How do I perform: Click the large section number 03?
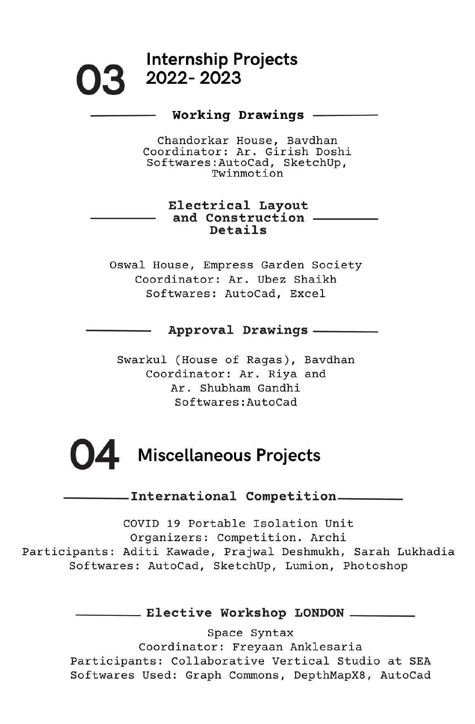click(x=100, y=80)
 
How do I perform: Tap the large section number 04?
click(x=95, y=455)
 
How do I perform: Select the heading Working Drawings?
click(x=238, y=115)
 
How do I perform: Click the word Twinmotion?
click(x=247, y=173)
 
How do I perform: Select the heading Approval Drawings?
click(x=238, y=330)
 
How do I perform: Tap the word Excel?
click(x=307, y=294)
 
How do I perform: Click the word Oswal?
click(x=127, y=265)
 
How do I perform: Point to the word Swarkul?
click(x=142, y=360)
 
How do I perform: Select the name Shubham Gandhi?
click(x=250, y=388)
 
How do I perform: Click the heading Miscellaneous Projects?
click(x=229, y=455)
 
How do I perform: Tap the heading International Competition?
click(x=234, y=496)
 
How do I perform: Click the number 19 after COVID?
click(x=174, y=524)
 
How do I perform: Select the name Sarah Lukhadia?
click(x=404, y=552)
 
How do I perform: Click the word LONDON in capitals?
click(x=319, y=613)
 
